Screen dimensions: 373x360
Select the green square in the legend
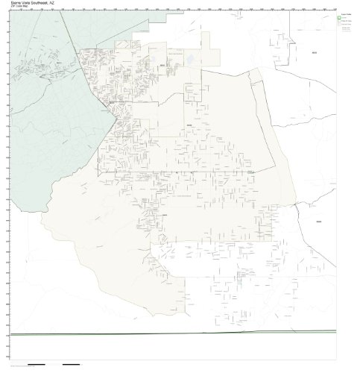338,20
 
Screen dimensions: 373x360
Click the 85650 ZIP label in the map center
189,123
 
